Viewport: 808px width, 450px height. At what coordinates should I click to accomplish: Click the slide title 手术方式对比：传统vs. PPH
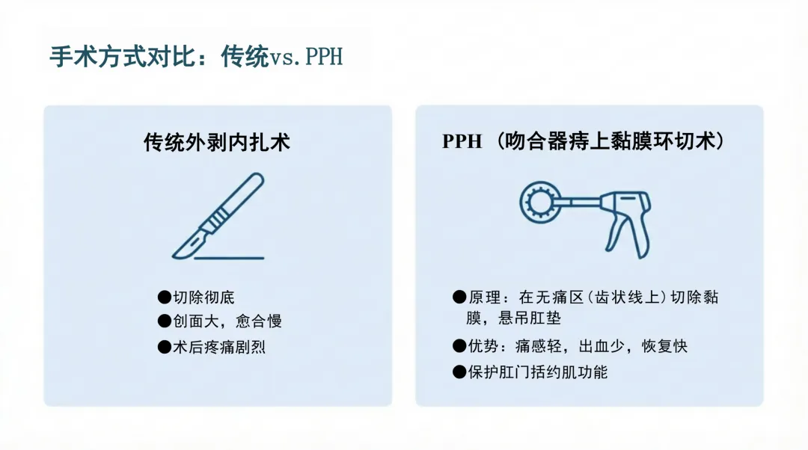point(196,56)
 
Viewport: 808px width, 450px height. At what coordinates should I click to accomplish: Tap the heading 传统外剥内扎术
point(217,142)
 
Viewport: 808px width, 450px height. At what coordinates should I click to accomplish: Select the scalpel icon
point(218,216)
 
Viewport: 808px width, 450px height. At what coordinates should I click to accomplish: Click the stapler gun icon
point(585,219)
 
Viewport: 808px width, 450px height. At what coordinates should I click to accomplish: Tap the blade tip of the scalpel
point(174,256)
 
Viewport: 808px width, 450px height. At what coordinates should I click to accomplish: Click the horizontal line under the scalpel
point(230,258)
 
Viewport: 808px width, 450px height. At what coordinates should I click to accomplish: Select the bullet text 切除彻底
point(203,297)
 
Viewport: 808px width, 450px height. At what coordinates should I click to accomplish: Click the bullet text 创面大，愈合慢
point(227,321)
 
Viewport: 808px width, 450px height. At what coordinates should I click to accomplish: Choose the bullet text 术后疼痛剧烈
point(219,347)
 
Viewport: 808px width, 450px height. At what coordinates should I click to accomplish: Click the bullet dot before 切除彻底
point(165,297)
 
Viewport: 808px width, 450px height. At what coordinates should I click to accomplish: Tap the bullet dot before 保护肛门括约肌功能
point(459,372)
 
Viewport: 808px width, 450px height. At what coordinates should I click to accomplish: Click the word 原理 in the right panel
point(484,297)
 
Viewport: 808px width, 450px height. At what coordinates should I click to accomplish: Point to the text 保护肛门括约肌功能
point(538,372)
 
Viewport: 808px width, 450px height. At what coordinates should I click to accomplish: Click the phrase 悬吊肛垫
point(530,318)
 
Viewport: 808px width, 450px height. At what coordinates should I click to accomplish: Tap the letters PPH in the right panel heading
point(462,141)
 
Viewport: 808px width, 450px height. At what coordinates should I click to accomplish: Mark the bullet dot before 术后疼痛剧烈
point(165,347)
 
